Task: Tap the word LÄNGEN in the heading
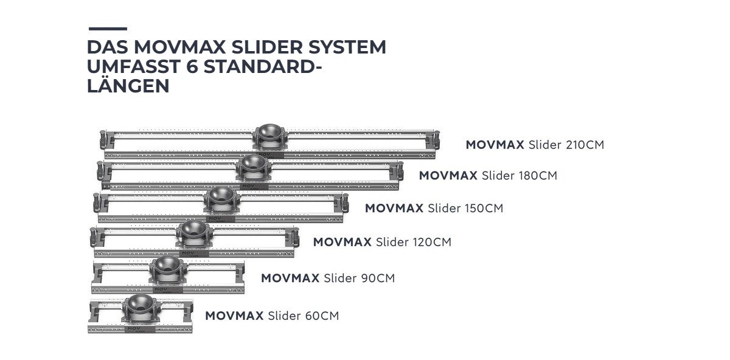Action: pyautogui.click(x=128, y=86)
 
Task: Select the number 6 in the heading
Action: pyautogui.click(x=193, y=66)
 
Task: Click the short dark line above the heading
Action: pyautogui.click(x=108, y=29)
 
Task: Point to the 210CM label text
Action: pyautogui.click(x=585, y=145)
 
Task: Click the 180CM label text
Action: pyautogui.click(x=538, y=176)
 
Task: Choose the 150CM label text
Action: pyautogui.click(x=484, y=208)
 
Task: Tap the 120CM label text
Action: pyautogui.click(x=432, y=242)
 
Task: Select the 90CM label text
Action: pyautogui.click(x=378, y=279)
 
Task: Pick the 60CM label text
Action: pyautogui.click(x=322, y=316)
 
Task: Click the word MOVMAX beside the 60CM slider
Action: pyautogui.click(x=234, y=316)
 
